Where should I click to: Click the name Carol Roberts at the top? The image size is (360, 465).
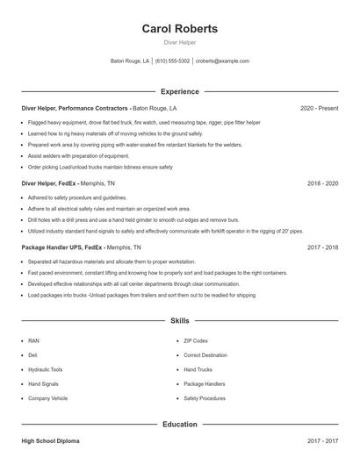(179, 29)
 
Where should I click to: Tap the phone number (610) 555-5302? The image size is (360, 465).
(173, 61)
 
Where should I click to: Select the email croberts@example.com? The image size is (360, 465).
(222, 61)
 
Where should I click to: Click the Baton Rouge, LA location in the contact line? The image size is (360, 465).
(130, 61)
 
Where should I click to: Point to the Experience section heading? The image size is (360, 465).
(179, 91)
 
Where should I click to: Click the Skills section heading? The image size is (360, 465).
(179, 322)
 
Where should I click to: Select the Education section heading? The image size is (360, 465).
(179, 425)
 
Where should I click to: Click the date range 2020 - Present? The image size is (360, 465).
(319, 108)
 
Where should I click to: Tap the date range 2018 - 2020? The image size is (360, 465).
(322, 183)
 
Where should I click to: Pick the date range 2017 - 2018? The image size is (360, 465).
(322, 247)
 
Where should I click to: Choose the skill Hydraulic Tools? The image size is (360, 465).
(46, 369)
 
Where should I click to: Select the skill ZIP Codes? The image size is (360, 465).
(195, 340)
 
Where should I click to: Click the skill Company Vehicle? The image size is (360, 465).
(47, 398)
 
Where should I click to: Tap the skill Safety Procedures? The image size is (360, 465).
(204, 398)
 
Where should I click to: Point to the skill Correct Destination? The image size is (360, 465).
(205, 354)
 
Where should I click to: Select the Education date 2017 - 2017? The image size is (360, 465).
(322, 440)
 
